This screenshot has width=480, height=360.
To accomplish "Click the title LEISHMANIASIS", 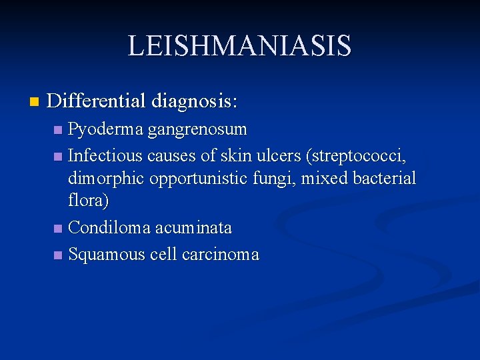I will pos(239,46).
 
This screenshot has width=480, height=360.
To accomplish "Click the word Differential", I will pos(97,101).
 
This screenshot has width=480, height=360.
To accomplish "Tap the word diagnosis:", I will pos(195,101).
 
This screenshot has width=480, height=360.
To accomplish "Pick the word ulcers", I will pos(279,156).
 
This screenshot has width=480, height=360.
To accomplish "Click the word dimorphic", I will pos(107,179).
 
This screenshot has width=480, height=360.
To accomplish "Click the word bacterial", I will pos(383,179).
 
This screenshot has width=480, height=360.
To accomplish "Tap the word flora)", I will pos(89,200).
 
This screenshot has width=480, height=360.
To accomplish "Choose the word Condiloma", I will pos(109,228).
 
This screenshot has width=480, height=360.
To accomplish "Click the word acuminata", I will pos(194,228).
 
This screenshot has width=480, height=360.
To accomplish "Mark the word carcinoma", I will pos(221,255).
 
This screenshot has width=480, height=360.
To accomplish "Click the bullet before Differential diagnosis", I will pos(35,102).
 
